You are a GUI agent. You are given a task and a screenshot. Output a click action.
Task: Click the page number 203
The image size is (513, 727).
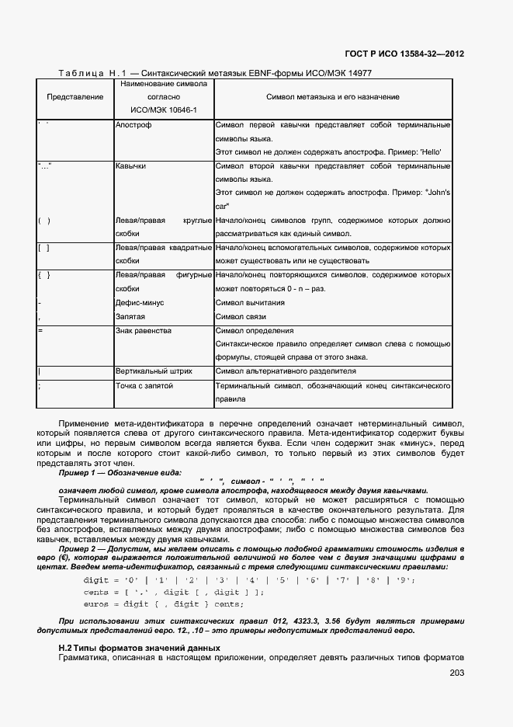[x=456, y=673]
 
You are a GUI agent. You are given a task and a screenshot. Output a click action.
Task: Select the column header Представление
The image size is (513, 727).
[x=75, y=97]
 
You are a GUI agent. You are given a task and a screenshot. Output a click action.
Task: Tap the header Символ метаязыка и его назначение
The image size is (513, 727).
[x=333, y=97]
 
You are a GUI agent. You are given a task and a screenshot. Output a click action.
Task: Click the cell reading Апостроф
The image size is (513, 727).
[x=133, y=124]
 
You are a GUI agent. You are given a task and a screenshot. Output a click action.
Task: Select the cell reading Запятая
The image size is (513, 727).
[x=130, y=317]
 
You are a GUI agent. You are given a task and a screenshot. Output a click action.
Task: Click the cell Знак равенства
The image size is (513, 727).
[x=143, y=331]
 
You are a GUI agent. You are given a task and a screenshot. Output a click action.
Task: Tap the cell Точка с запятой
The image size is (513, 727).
[x=144, y=385]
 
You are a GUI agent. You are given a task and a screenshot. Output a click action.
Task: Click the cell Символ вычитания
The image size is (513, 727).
[x=245, y=303]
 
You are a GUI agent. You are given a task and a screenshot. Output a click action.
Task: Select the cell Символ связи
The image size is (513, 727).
[x=241, y=317]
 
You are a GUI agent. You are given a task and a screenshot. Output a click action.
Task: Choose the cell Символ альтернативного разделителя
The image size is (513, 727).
[x=286, y=371]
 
